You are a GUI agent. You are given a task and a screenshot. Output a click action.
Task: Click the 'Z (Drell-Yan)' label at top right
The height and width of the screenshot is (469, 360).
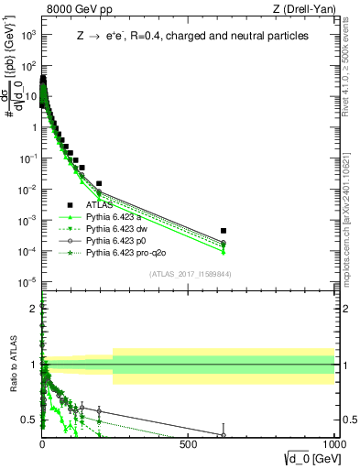(x=305, y=9)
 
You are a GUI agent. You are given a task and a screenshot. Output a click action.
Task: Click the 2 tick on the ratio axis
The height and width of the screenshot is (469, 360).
(x=32, y=307)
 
